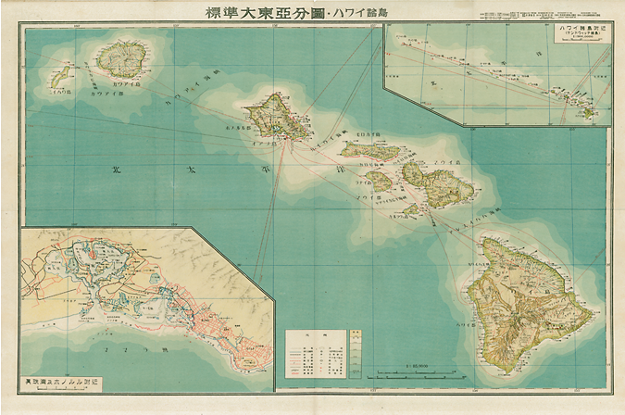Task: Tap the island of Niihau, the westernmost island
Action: click(60, 75)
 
